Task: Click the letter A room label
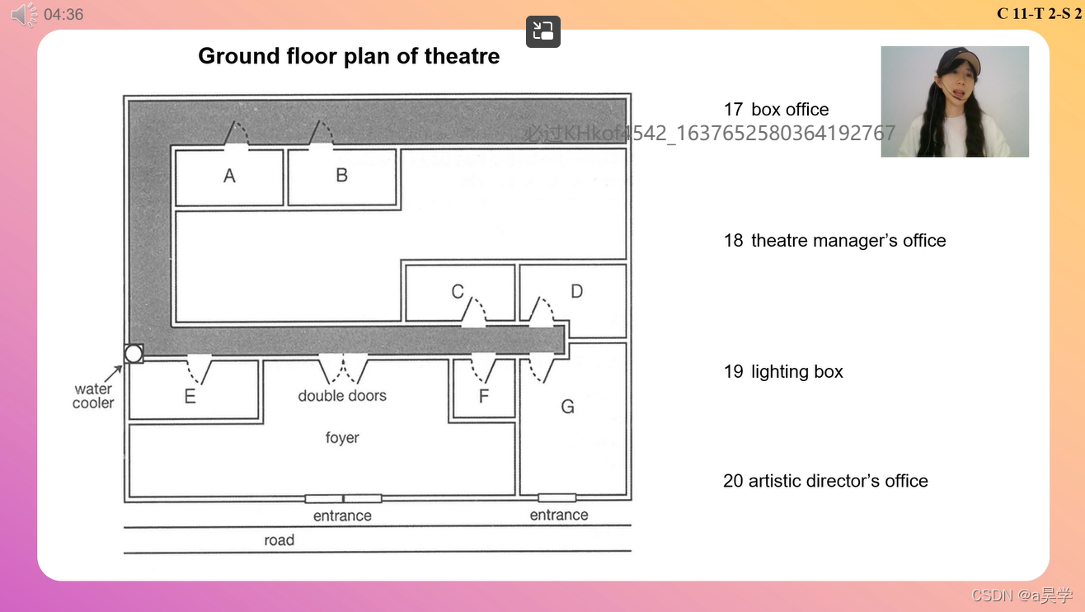click(229, 176)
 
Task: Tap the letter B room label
click(341, 175)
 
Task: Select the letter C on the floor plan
click(458, 291)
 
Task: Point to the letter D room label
click(576, 291)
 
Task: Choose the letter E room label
click(190, 397)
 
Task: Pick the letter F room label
click(484, 397)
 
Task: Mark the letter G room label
click(567, 407)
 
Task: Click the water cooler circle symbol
click(134, 354)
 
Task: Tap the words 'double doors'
click(342, 396)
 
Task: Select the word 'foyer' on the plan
click(342, 437)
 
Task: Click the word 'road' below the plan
click(279, 540)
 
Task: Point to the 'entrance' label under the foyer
click(342, 516)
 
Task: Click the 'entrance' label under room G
click(559, 515)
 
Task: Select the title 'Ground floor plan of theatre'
click(349, 56)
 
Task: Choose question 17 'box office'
click(776, 110)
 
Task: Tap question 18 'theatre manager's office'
click(834, 241)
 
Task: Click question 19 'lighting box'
click(783, 372)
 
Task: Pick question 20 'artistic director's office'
click(825, 481)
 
